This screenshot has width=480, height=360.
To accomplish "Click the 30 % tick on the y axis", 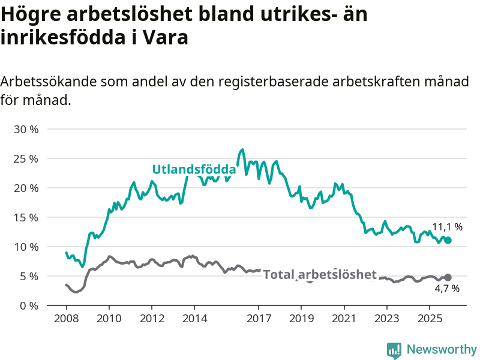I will click(x=26, y=130).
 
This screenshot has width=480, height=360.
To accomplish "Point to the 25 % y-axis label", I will click(x=26, y=159).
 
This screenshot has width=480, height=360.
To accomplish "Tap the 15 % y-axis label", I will click(x=26, y=218).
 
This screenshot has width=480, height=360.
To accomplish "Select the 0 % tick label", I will click(x=29, y=306).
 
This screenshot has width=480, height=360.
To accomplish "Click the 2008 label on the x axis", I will click(x=66, y=317).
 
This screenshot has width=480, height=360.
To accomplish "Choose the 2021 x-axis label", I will click(x=344, y=317).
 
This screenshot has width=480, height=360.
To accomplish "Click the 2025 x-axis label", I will click(x=430, y=317).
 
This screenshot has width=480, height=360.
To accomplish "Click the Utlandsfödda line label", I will click(x=194, y=169).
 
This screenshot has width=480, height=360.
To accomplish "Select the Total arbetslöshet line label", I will click(x=320, y=275).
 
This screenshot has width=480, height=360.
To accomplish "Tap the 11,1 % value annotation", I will click(x=448, y=227).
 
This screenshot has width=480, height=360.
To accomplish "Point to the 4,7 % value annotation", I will click(x=447, y=289).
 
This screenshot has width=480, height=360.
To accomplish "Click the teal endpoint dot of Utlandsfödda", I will click(x=448, y=240).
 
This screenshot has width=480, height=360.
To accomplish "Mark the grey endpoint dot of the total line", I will click(x=448, y=277).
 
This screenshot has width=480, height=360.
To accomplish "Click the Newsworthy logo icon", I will click(x=394, y=350).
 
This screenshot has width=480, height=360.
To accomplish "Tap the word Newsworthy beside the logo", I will click(x=442, y=349).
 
